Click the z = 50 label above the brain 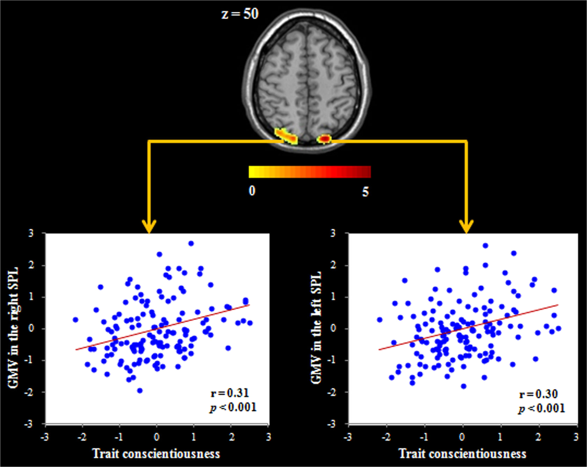point(240,14)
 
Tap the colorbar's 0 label point(252,191)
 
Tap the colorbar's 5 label point(365,191)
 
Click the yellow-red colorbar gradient point(309,172)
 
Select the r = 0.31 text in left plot point(230,393)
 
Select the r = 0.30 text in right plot point(538,394)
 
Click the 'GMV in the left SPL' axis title point(316,328)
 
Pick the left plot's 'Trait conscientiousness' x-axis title point(156,453)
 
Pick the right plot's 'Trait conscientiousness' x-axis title point(462,453)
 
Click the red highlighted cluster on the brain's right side point(325,139)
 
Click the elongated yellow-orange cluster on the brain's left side point(287,136)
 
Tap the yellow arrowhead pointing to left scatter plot point(149,227)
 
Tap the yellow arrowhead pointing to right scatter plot point(467,227)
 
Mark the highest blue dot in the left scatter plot point(191,243)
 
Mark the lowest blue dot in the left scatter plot point(140,391)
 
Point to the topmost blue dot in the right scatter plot point(485,246)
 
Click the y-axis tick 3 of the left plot point(31,233)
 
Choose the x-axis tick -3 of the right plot point(347,437)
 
